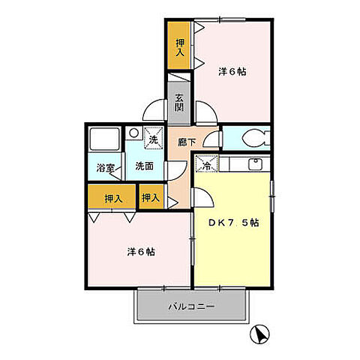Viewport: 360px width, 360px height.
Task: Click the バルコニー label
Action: click(x=191, y=307)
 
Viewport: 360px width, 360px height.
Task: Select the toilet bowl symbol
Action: click(x=251, y=139)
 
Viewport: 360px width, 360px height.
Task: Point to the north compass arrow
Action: click(x=259, y=332)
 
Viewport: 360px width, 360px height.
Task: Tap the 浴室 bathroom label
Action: click(x=106, y=169)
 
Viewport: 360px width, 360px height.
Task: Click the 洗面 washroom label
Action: click(x=144, y=166)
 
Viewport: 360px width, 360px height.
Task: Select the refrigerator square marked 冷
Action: click(x=205, y=161)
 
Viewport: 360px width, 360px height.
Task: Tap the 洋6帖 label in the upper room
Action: click(x=233, y=72)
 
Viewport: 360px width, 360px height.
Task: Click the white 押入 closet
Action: click(x=151, y=198)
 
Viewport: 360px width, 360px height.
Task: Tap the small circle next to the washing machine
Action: click(x=133, y=133)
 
